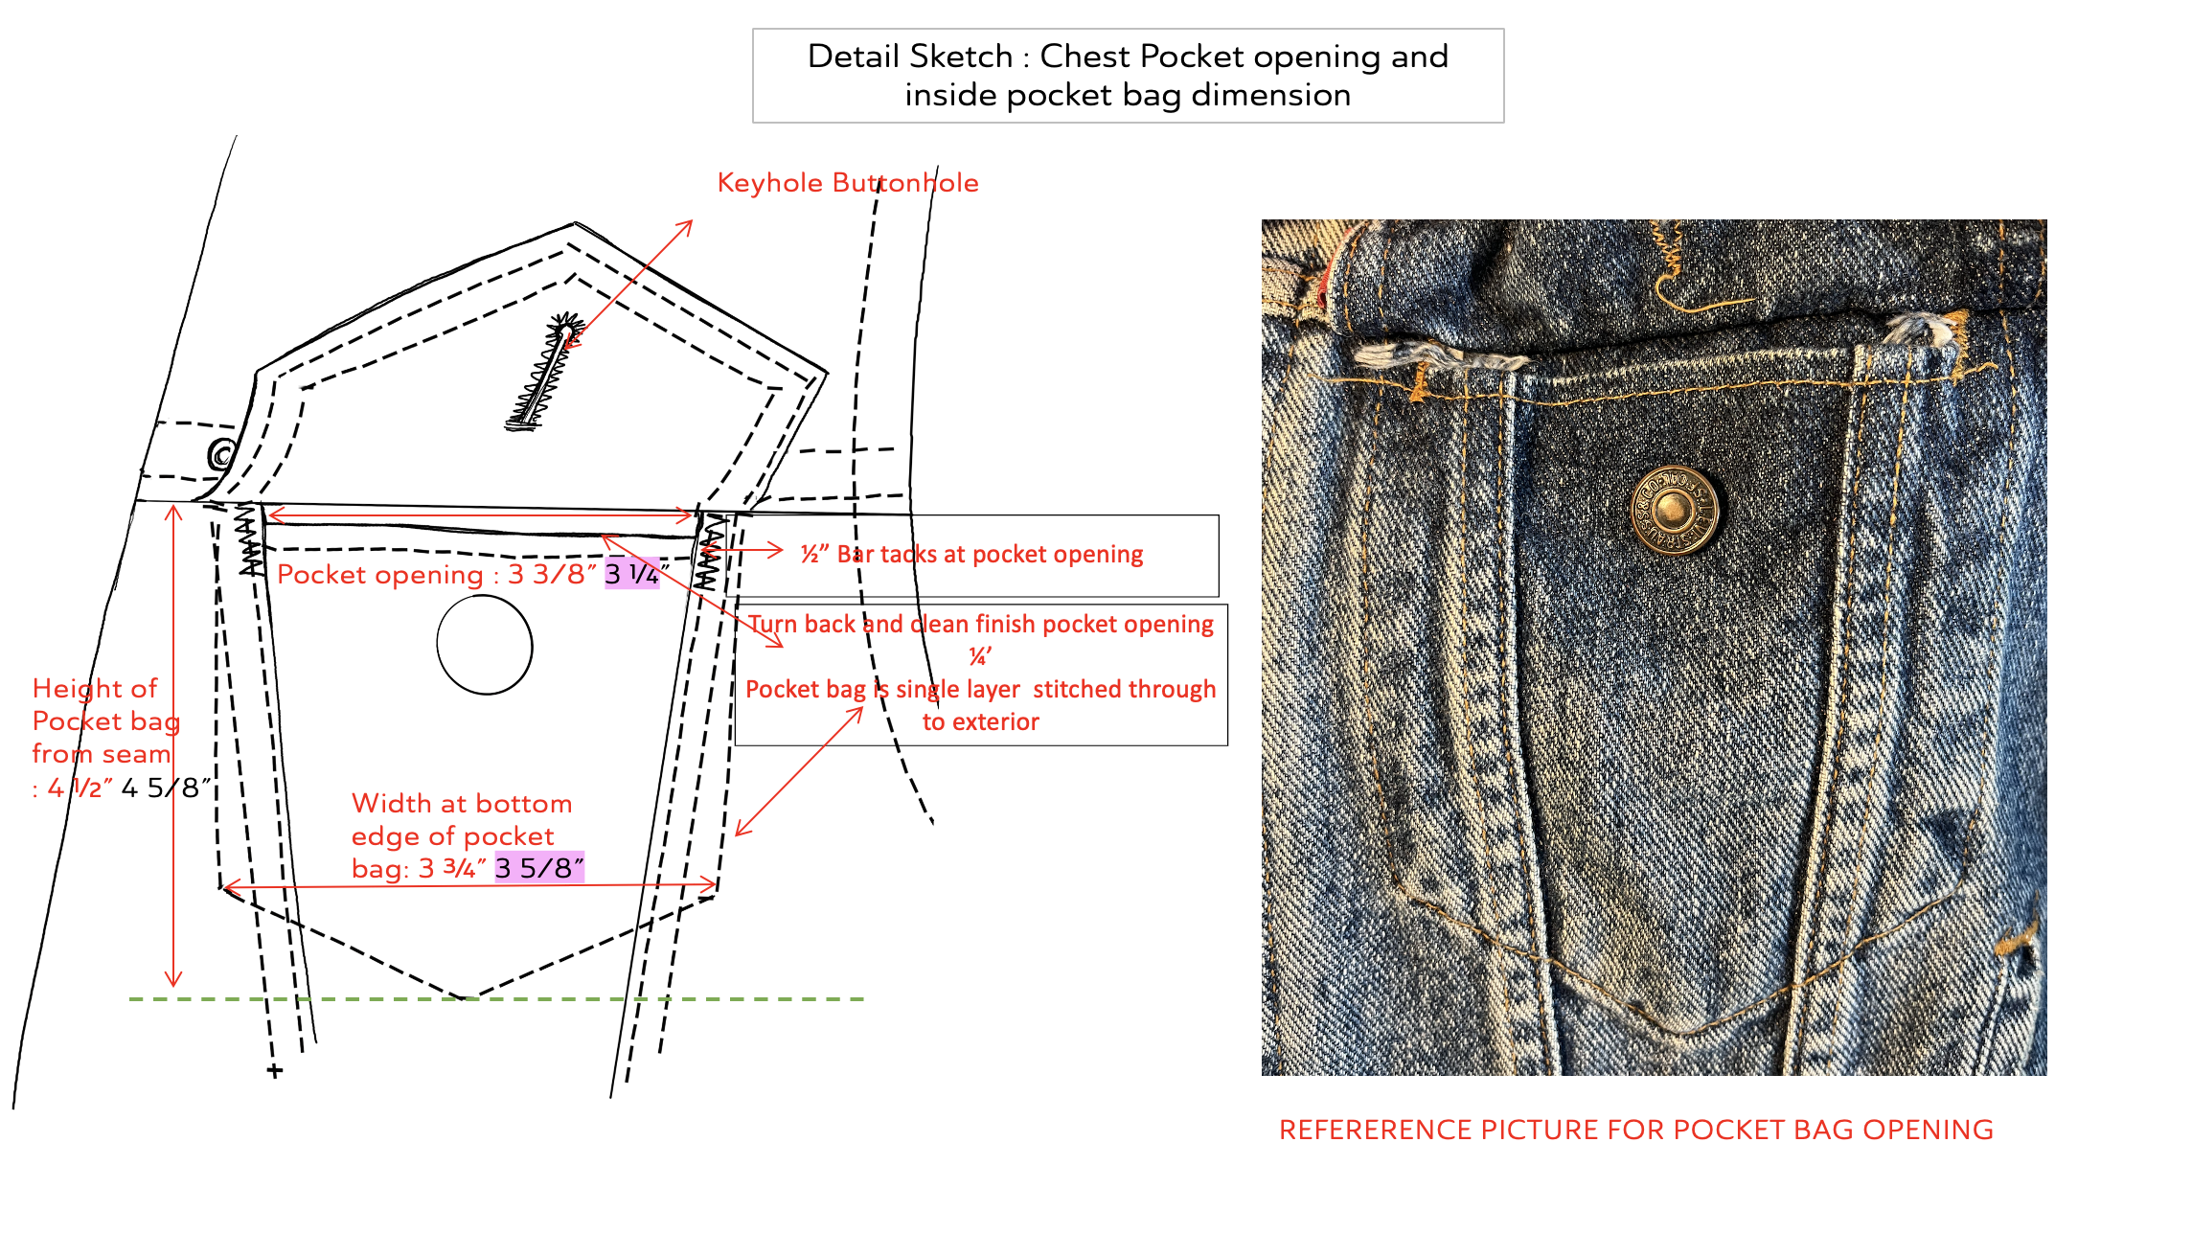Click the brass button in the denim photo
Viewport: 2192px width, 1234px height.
tap(1674, 510)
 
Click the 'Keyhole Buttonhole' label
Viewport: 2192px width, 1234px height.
tap(848, 183)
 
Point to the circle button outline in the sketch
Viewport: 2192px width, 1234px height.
tap(485, 645)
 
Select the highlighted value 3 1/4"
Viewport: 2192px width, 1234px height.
tap(632, 574)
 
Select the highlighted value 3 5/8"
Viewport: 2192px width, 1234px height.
tap(539, 868)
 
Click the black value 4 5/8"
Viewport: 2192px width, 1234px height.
tap(166, 788)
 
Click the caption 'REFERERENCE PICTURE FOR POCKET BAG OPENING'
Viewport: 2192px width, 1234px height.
tap(1635, 1131)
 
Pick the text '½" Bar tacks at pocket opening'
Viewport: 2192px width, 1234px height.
tap(971, 555)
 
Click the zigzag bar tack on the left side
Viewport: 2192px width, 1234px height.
tap(250, 541)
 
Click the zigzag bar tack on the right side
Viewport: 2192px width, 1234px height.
tap(708, 554)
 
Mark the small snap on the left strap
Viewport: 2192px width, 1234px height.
tap(222, 453)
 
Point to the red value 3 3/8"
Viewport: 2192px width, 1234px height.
tap(552, 575)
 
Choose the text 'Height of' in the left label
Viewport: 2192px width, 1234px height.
tap(94, 689)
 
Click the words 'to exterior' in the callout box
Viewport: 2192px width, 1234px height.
tap(980, 722)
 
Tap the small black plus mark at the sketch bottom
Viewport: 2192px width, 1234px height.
tap(275, 1070)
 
